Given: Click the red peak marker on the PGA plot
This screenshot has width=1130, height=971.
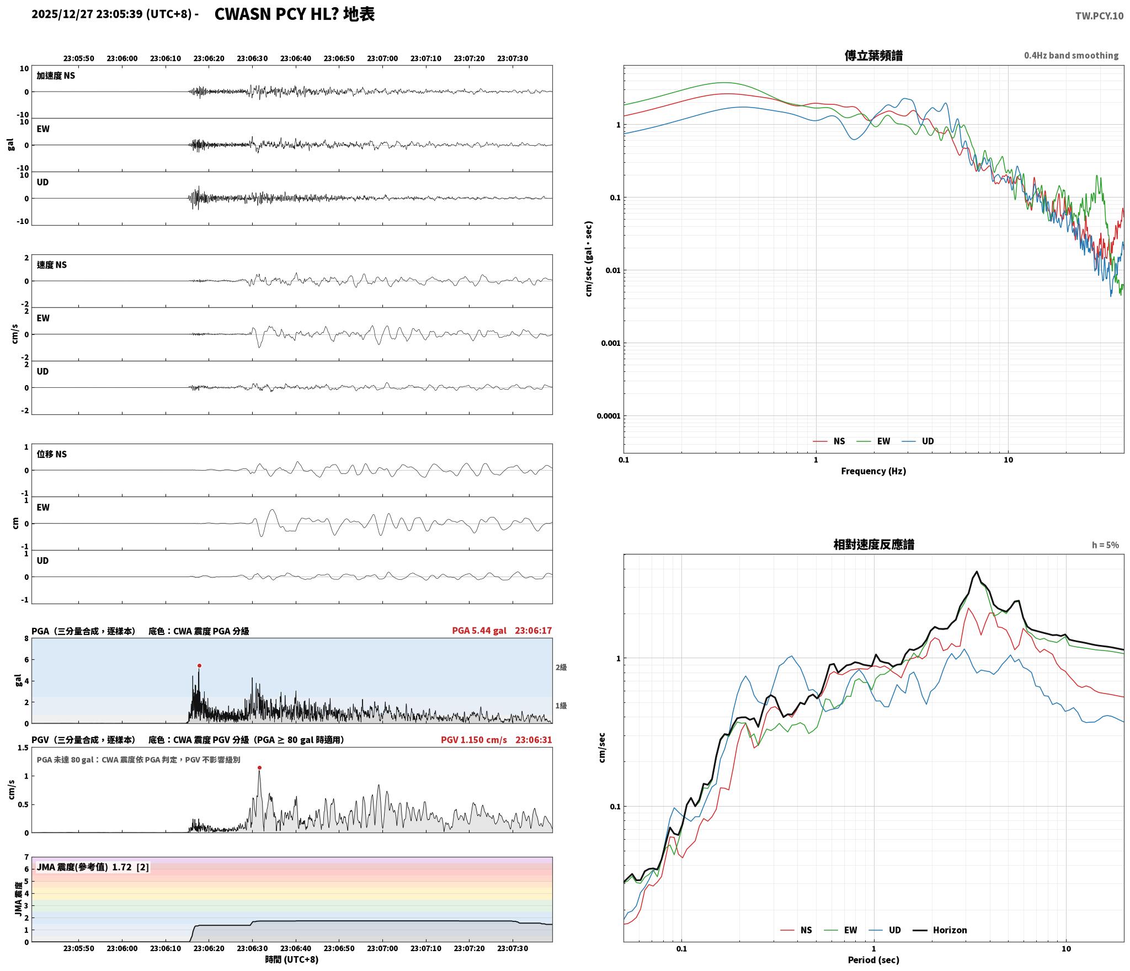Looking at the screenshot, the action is [x=199, y=665].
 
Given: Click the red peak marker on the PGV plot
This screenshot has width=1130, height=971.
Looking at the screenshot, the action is [x=259, y=767].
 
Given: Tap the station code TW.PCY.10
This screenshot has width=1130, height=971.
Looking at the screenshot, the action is [x=1099, y=16].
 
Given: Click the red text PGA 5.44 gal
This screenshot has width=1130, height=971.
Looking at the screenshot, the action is [x=479, y=631].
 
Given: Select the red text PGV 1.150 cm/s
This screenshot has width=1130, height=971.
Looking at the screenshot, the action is [x=473, y=740].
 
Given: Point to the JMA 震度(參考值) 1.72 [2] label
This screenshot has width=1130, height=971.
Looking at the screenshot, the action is [x=93, y=867].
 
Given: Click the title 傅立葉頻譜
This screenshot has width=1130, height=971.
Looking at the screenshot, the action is [x=873, y=56].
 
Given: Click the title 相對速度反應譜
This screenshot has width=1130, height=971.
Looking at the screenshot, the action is [x=873, y=545].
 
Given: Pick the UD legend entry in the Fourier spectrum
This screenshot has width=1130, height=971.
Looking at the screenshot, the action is [x=918, y=441].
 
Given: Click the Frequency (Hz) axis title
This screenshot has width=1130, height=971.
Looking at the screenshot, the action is [x=873, y=471].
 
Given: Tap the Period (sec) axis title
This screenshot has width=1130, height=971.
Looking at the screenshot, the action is [x=873, y=960].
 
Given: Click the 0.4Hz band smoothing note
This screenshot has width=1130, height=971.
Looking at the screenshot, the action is [x=1072, y=56].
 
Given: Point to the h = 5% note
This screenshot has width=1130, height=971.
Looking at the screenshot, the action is [x=1105, y=545].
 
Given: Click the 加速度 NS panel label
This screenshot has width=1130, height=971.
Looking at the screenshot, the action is [x=56, y=76].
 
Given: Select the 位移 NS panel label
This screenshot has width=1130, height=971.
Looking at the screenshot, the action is [x=52, y=454].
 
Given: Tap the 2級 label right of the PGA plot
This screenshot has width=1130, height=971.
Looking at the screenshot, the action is [x=561, y=668].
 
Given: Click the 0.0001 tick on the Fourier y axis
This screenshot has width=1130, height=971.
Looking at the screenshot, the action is [x=608, y=416].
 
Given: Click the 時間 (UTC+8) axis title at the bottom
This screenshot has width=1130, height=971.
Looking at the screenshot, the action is [x=292, y=959].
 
